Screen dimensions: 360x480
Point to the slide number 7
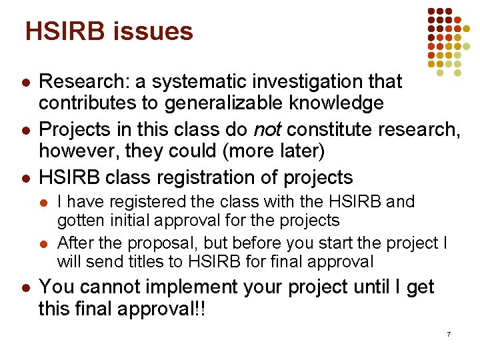[449, 333]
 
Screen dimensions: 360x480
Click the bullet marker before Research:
[23, 83]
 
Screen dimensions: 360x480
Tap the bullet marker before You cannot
[23, 288]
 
